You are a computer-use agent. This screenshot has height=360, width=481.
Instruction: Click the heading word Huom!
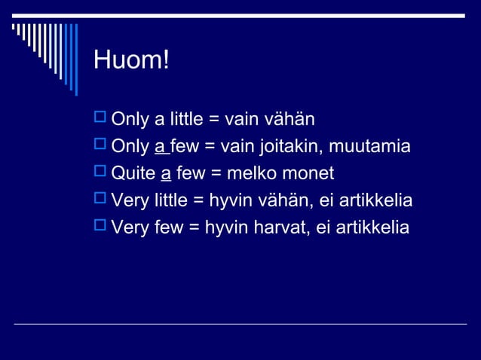(131, 61)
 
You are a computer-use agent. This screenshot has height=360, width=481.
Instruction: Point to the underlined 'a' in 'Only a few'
(160, 146)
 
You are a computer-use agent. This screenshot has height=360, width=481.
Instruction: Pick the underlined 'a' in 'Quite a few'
(166, 174)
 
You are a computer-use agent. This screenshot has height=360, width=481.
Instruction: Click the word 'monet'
(308, 174)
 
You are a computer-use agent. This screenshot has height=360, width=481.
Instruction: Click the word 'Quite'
(133, 174)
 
